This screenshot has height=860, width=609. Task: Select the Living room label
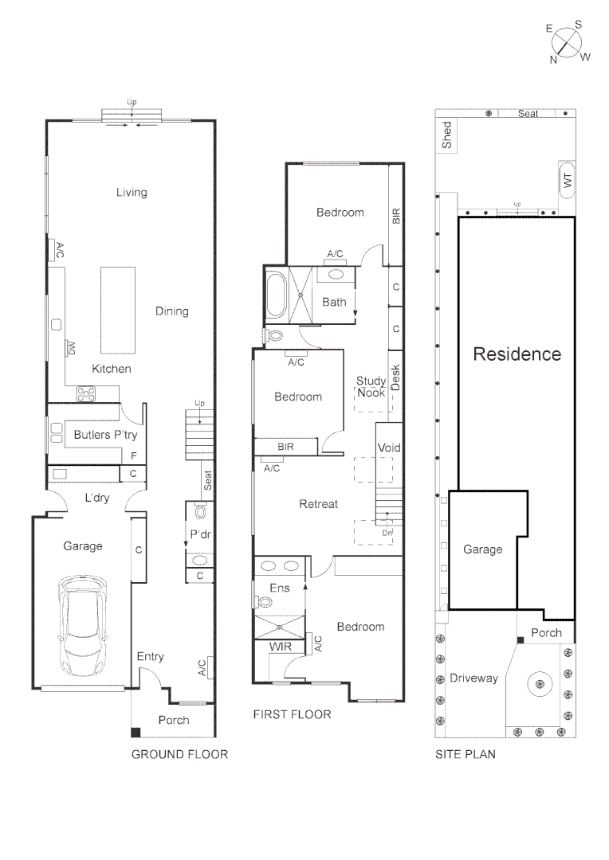132,192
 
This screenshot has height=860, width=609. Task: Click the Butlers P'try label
105,435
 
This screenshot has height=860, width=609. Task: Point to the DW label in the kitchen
71,348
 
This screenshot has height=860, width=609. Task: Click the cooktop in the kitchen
85,393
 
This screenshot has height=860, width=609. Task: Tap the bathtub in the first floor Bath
276,295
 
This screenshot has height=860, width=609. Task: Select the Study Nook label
371,387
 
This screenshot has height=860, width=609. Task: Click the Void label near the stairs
388,448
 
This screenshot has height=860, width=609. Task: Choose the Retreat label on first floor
318,504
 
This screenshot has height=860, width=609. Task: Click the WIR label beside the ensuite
279,646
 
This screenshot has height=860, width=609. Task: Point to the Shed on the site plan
447,135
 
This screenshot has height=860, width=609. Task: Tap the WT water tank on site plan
568,181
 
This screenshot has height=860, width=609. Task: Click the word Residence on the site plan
517,354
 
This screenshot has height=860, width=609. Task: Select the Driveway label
473,678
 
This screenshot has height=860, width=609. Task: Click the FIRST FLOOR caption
292,714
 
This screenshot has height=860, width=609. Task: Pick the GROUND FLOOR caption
179,754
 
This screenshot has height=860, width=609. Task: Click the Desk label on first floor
395,377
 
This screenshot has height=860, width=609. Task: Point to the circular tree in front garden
540,682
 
